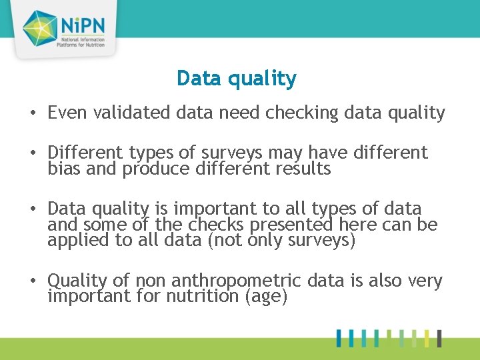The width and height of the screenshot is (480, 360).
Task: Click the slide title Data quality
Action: [236, 79]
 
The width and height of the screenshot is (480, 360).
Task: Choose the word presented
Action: [279, 225]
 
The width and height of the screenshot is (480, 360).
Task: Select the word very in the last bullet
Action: [425, 281]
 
